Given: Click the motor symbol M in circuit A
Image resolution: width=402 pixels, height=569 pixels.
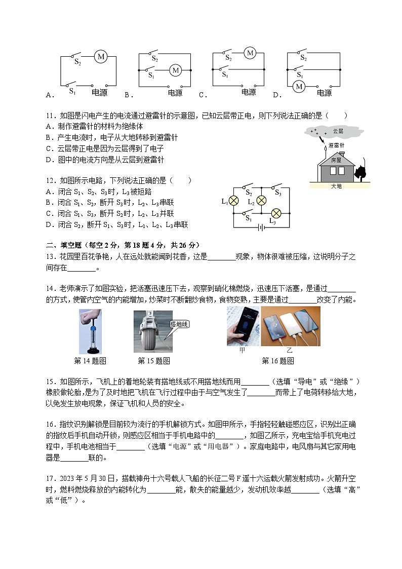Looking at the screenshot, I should [101, 57].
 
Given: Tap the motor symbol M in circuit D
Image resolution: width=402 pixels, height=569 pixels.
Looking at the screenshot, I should [299, 86].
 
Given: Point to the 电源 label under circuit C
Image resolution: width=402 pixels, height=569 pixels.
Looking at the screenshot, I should [249, 93].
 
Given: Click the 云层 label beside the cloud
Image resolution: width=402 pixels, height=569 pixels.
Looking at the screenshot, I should [338, 131].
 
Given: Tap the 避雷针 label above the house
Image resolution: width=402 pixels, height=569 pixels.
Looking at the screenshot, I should [336, 145].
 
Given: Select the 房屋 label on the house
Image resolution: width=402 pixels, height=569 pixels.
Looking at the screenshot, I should [336, 160].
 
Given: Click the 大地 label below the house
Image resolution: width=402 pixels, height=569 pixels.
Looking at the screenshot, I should [336, 186].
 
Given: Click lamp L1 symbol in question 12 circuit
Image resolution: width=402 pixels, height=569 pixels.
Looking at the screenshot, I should [234, 201].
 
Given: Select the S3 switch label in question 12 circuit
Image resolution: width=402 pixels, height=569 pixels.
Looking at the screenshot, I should [277, 193].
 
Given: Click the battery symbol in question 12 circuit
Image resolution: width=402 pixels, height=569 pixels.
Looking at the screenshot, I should [261, 227].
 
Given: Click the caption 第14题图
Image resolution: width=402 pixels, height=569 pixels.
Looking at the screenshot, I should [90, 361].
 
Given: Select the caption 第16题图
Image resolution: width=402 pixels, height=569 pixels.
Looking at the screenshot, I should [277, 361].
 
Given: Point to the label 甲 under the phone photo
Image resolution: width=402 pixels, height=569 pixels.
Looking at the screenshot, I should [242, 350].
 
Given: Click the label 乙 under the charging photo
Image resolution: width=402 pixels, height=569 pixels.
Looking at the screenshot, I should [290, 350].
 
